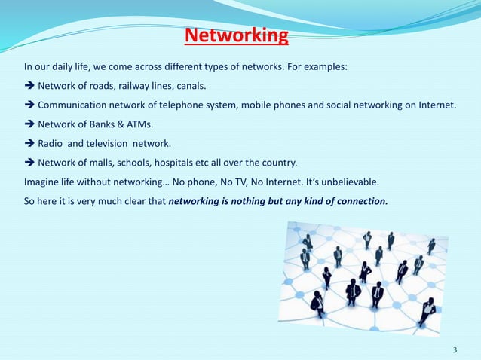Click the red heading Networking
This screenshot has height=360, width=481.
coord(237,35)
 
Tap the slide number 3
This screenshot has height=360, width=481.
coord(455,350)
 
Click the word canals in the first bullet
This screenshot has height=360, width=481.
coord(188,85)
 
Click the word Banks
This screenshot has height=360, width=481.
coord(102,124)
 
